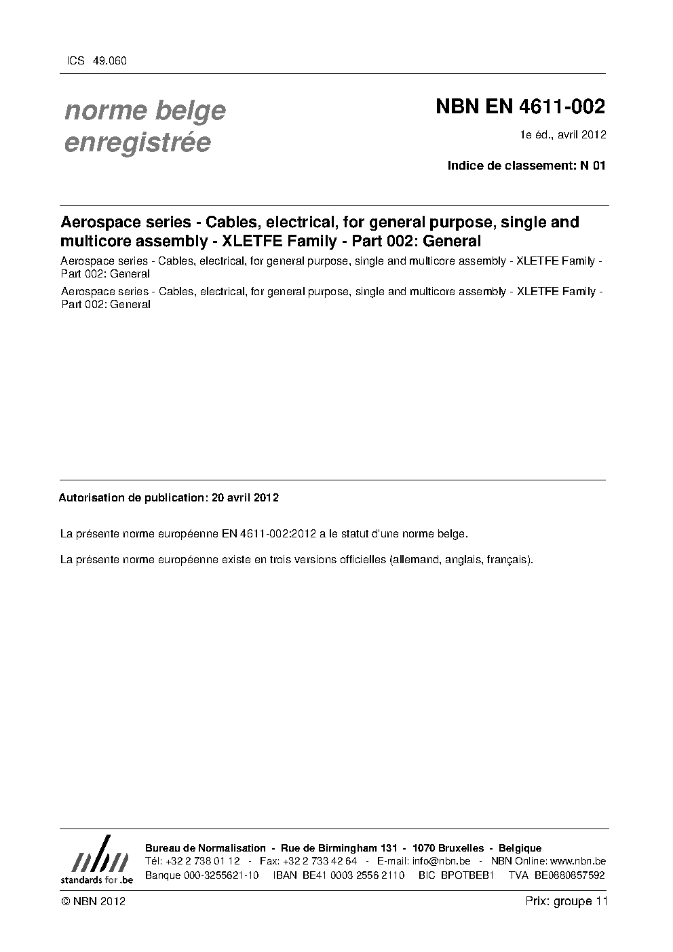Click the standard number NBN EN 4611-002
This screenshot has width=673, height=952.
[520, 107]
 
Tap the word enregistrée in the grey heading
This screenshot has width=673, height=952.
[137, 142]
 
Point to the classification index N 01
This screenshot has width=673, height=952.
[591, 165]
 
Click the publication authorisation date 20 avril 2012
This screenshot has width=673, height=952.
[245, 497]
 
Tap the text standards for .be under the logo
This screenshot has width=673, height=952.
[97, 879]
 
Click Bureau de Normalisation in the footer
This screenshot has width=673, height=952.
[206, 848]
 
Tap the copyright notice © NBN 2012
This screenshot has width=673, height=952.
[93, 902]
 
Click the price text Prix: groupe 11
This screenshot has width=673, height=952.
[566, 902]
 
